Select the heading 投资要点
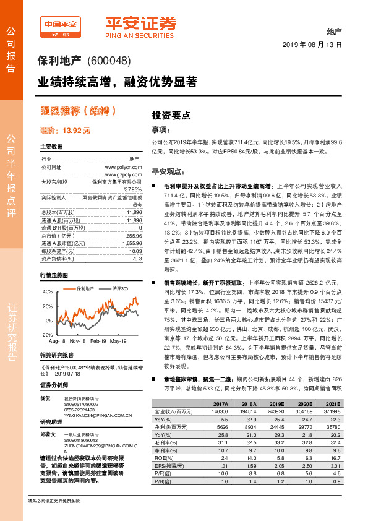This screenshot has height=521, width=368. point(171,115)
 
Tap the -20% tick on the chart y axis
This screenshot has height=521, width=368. point(47,334)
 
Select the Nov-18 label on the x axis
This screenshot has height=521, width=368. point(77,341)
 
